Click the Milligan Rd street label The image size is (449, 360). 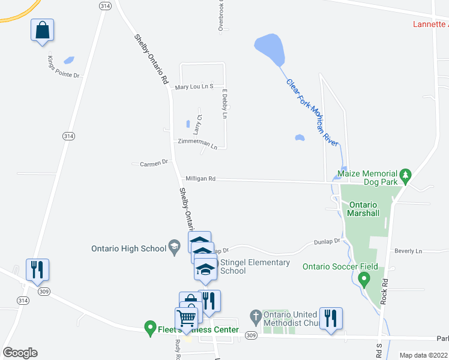pyautogui.click(x=200, y=179)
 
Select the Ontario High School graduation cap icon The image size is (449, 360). pyautogui.click(x=174, y=245)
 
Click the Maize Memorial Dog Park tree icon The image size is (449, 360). pyautogui.click(x=406, y=175)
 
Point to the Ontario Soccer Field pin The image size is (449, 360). pyautogui.click(x=363, y=279)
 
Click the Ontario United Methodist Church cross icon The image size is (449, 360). pyautogui.click(x=255, y=316)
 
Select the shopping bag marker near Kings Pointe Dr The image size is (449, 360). pyautogui.click(x=42, y=31)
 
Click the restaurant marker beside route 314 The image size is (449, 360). pyautogui.click(x=37, y=271)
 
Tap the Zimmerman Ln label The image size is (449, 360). pyautogui.click(x=197, y=143)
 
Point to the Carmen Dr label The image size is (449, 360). pyautogui.click(x=154, y=163)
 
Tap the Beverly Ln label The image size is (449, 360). pyautogui.click(x=408, y=251)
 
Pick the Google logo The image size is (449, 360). pyautogui.click(x=20, y=352)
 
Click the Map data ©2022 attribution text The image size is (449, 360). pyautogui.click(x=423, y=355)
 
